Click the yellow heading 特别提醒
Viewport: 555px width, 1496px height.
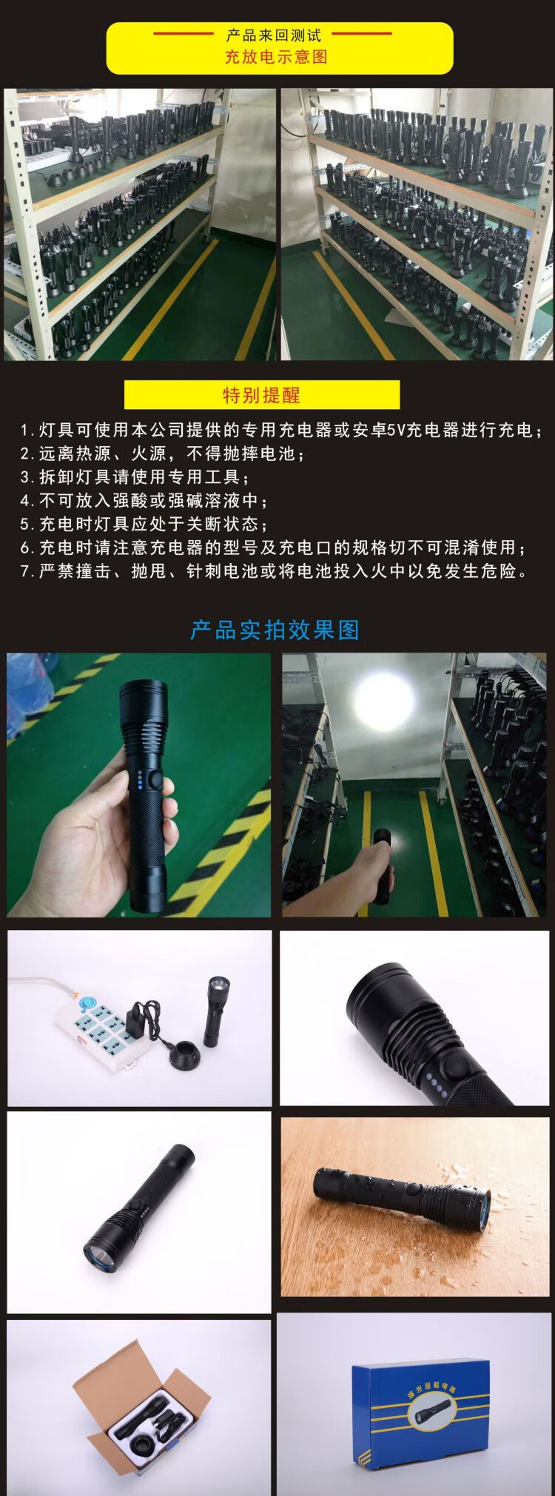tap(261, 395)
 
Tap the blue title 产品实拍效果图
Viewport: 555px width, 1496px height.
tap(275, 630)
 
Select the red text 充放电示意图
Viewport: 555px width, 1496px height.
tap(276, 57)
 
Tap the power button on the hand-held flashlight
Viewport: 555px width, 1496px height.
tap(155, 781)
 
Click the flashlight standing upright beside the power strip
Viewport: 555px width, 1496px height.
tap(215, 1011)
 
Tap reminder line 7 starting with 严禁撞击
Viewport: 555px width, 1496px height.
tap(275, 571)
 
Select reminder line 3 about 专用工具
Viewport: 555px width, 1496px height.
tap(135, 476)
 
